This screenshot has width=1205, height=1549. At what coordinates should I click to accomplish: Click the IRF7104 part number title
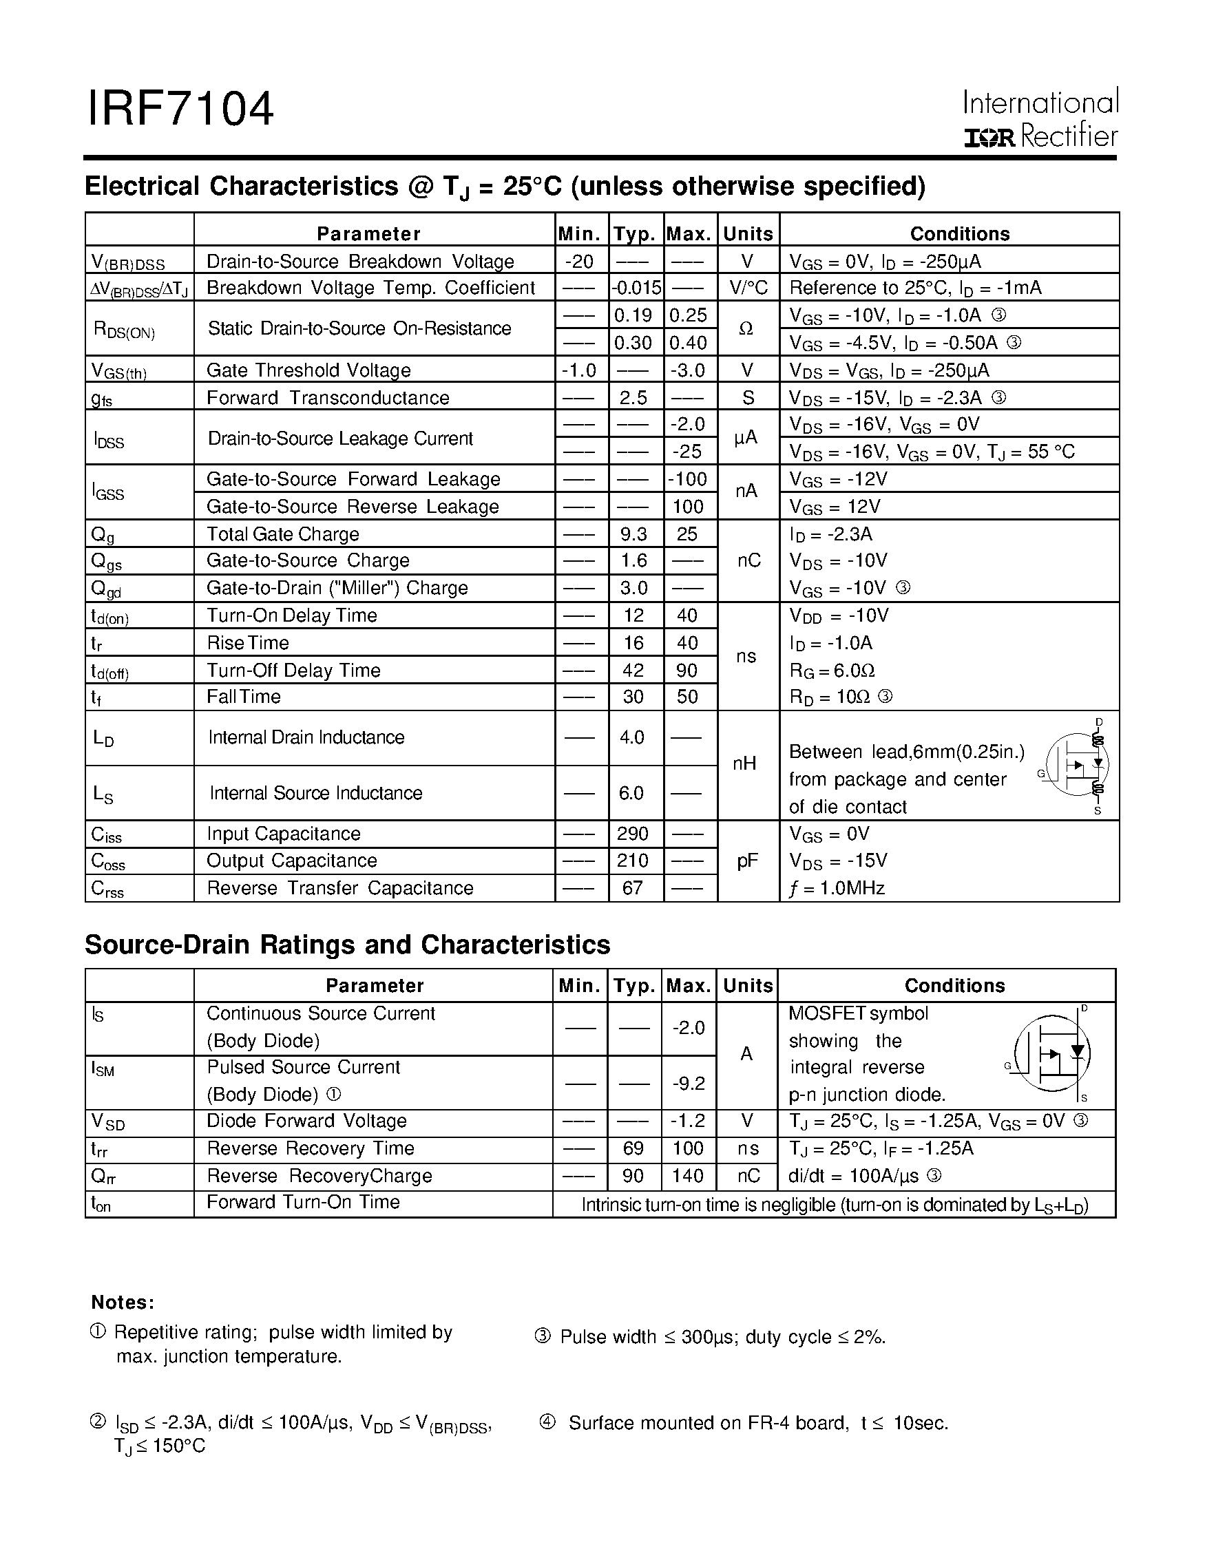pyautogui.click(x=180, y=109)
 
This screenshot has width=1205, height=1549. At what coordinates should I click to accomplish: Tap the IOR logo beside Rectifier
pyautogui.click(x=990, y=138)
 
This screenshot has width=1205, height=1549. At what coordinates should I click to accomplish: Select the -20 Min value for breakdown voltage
pyautogui.click(x=580, y=261)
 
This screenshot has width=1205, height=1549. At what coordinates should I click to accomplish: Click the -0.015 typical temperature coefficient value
pyautogui.click(x=636, y=288)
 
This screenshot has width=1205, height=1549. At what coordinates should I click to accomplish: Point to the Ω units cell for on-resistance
pyautogui.click(x=746, y=328)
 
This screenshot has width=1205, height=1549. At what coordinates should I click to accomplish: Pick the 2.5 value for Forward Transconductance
pyautogui.click(x=633, y=397)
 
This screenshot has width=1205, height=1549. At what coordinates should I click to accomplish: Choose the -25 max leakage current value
pyautogui.click(x=687, y=451)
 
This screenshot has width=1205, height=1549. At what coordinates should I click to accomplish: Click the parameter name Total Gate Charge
pyautogui.click(x=283, y=534)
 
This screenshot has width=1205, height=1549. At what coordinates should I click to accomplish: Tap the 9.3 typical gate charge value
pyautogui.click(x=633, y=534)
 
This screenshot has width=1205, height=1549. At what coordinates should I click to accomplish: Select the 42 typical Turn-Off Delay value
pyautogui.click(x=633, y=671)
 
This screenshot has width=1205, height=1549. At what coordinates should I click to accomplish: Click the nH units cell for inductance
pyautogui.click(x=745, y=763)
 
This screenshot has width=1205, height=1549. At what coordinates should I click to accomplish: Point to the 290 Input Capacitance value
pyautogui.click(x=633, y=834)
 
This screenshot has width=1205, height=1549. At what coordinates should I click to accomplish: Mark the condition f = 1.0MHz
pyautogui.click(x=837, y=888)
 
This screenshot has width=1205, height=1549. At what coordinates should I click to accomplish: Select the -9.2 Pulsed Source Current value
pyautogui.click(x=688, y=1083)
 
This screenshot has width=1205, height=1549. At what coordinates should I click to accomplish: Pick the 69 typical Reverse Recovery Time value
pyautogui.click(x=633, y=1148)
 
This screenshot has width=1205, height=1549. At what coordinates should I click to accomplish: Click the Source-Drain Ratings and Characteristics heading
pyautogui.click(x=348, y=945)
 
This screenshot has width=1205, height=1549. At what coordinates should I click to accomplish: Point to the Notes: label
pyautogui.click(x=123, y=1302)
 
